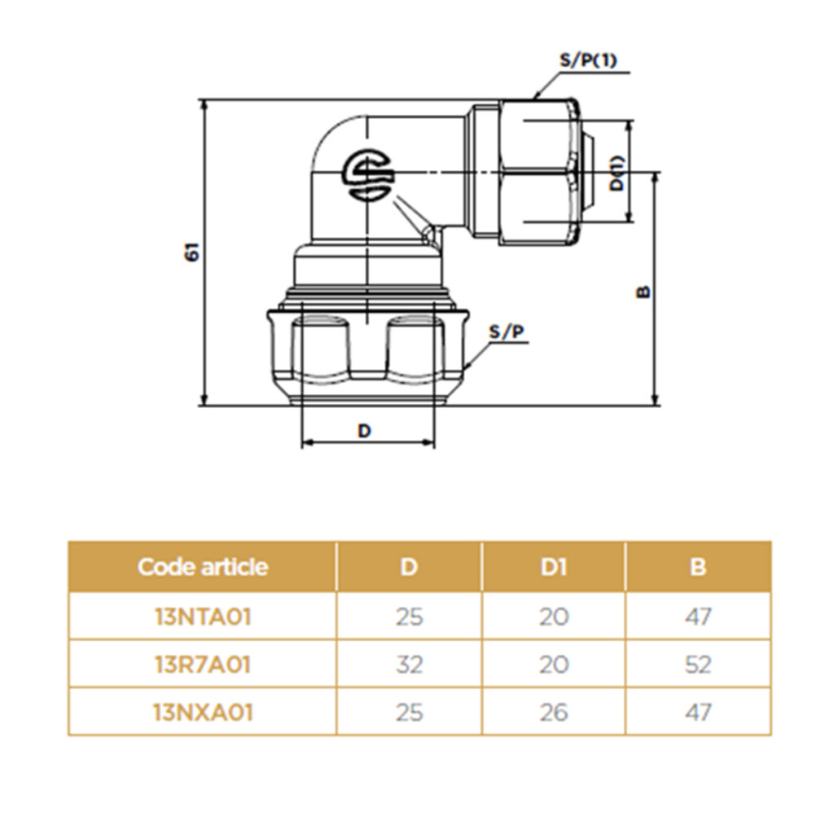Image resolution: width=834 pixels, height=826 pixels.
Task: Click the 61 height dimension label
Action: coord(192,253)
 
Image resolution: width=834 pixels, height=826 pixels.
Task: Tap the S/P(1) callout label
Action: coord(587,61)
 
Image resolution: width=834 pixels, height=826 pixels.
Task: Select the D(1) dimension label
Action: coord(618,173)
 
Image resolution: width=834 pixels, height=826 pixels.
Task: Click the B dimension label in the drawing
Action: coord(643,291)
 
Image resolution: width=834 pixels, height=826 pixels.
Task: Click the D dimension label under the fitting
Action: coord(364,431)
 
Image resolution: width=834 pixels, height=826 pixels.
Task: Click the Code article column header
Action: coord(202,567)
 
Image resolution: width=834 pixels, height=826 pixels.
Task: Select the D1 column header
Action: coord(553,567)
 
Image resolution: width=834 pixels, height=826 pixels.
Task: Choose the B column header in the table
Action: coord(697,567)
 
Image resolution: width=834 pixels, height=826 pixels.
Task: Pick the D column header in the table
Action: coord(409,567)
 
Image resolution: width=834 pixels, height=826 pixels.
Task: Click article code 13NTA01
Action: coord(203,617)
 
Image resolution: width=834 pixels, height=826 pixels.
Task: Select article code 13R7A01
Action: coord(203,665)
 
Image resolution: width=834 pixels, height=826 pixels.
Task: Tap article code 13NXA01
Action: coord(203,712)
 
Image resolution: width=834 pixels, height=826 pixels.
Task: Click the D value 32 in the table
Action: coord(409,665)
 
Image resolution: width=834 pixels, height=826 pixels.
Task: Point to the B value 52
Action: coord(697,665)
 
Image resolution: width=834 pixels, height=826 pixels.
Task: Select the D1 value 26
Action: coord(553,712)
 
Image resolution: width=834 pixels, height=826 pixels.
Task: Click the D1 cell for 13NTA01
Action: coord(553,617)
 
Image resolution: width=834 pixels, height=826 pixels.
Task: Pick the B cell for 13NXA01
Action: coord(697,712)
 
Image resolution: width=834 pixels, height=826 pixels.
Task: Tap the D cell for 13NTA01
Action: coord(409,617)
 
